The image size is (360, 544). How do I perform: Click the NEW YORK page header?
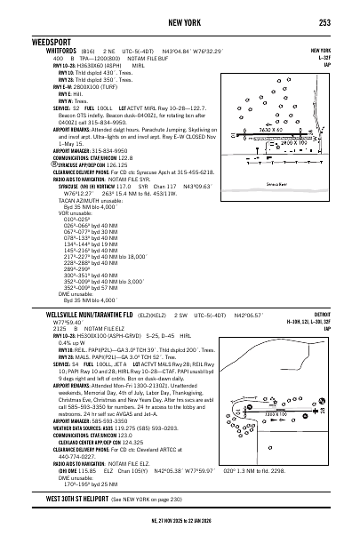point(180,21)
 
